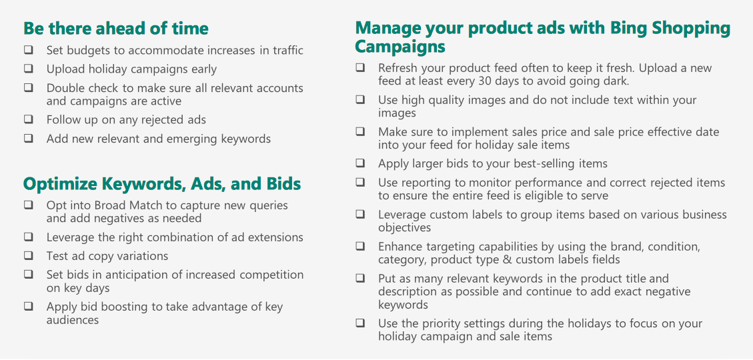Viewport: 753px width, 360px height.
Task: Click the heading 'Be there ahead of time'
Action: [116, 29]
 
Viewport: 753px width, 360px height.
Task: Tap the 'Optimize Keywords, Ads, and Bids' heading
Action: [162, 184]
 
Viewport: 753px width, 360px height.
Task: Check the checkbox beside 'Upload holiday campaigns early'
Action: [29, 69]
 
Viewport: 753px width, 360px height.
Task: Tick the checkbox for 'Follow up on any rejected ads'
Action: [29, 119]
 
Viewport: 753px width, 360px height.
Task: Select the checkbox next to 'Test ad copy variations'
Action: [29, 255]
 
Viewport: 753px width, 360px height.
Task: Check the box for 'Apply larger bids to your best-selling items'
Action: [360, 163]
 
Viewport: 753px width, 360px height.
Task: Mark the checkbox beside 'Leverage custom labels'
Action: [360, 214]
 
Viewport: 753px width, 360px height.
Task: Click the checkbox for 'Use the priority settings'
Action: [360, 323]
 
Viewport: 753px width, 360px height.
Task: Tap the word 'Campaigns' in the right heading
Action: [400, 47]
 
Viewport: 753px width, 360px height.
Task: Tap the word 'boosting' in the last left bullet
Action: [119, 307]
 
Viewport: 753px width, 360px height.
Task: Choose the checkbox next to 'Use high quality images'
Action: [360, 100]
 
